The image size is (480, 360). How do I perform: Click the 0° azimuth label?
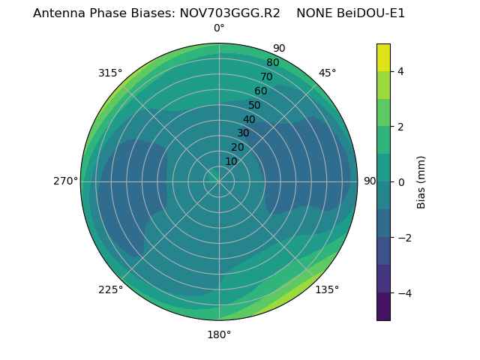click(219, 28)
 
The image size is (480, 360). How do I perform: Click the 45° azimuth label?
click(328, 73)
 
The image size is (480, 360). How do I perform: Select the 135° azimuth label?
click(327, 289)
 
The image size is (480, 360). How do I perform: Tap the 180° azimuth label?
click(219, 334)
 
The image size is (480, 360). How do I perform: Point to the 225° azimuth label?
click(110, 290)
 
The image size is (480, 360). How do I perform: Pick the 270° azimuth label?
click(65, 181)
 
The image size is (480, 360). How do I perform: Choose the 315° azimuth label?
click(110, 73)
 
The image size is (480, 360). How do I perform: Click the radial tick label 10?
click(231, 161)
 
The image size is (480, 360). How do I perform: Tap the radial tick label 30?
click(243, 133)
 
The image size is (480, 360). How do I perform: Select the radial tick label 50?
click(255, 106)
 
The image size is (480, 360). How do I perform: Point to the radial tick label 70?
click(266, 76)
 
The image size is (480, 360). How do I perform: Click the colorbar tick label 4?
click(401, 71)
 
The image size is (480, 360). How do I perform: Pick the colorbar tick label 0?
click(401, 182)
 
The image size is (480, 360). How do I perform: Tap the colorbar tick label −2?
click(404, 238)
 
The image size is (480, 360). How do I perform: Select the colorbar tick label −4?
click(404, 293)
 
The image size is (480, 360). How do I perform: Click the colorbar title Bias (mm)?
click(421, 181)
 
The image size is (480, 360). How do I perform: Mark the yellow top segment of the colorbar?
click(383, 57)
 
